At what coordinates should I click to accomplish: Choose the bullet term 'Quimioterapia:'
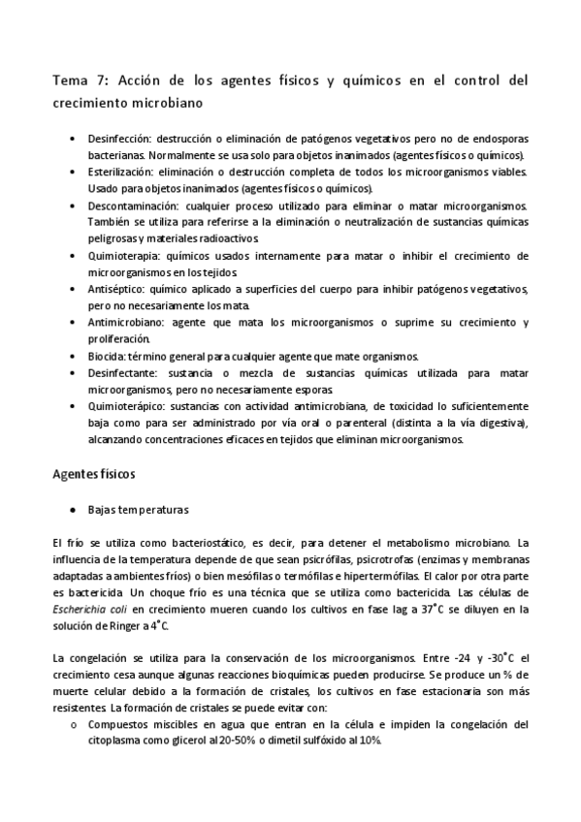(124, 255)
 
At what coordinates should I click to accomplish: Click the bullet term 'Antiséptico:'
(118, 290)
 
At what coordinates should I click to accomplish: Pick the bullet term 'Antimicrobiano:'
(127, 322)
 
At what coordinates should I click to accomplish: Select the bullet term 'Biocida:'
(106, 356)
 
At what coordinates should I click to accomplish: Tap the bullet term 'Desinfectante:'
(125, 371)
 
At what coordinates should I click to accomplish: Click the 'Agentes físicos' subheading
(92, 475)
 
